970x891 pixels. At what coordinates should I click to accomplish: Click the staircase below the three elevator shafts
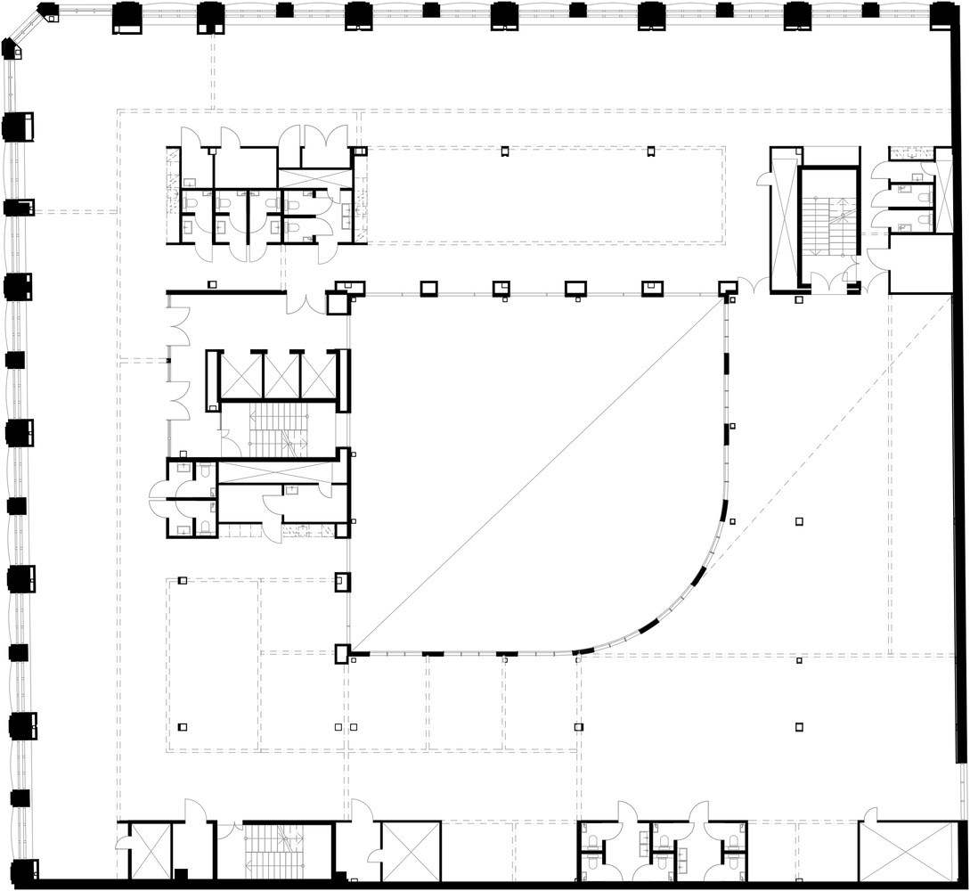point(277,429)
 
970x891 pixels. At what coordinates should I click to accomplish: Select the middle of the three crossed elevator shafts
point(281,376)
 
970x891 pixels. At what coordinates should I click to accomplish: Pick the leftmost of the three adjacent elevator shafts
point(240,376)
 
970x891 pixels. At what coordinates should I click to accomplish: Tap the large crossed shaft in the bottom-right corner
point(906,851)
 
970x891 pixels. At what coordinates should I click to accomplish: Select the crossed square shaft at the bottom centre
point(411,851)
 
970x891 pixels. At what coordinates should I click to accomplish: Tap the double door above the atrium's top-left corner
point(306,303)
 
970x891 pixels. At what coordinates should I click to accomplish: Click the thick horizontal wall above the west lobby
point(225,291)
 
